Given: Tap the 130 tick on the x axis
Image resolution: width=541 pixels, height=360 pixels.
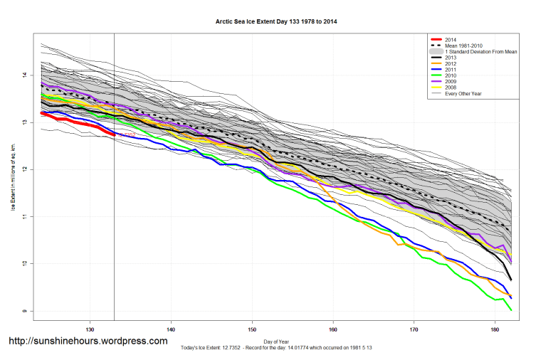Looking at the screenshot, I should point(90,329).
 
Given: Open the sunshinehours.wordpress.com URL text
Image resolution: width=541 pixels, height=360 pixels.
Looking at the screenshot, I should point(88,341).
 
